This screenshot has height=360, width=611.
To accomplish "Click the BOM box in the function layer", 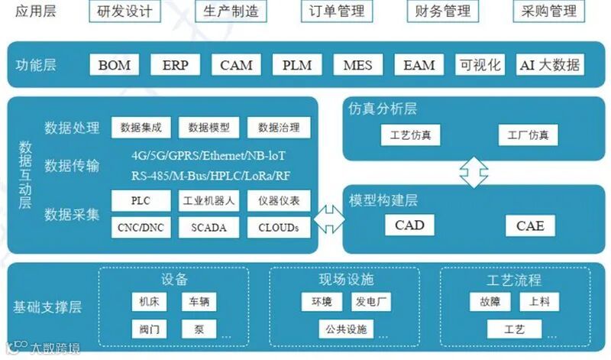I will (x=115, y=64).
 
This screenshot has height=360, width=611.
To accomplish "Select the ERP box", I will (x=175, y=64).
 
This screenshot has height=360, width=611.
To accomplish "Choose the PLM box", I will (x=297, y=64).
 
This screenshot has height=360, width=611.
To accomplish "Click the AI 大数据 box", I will (x=549, y=64).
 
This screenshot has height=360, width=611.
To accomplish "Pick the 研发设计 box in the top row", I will (x=125, y=11).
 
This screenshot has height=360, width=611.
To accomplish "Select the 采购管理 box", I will (x=548, y=11).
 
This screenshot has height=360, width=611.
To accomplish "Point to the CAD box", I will (x=409, y=225).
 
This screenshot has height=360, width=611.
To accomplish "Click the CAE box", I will (x=530, y=225).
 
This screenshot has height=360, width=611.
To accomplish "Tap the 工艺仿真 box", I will (x=406, y=135).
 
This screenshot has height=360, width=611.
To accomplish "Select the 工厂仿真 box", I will (x=528, y=135).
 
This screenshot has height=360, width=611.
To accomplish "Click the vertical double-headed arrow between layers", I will (x=473, y=172).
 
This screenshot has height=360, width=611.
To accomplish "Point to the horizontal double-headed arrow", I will (x=330, y=216).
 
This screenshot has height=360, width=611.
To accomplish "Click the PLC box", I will (x=141, y=202).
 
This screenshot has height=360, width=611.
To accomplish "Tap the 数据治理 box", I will (x=278, y=128).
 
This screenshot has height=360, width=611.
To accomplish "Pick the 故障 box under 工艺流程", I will (x=490, y=302).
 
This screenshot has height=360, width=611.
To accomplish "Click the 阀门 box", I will (x=149, y=329).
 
